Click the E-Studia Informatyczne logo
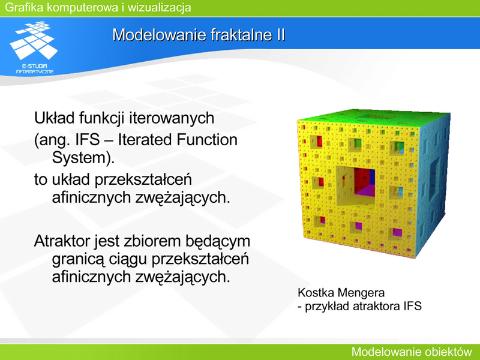pyautogui.click(x=34, y=47)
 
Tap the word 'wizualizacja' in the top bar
pyautogui.click(x=159, y=7)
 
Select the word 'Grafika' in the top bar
pyautogui.click(x=24, y=7)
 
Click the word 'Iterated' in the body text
pyautogui.click(x=145, y=140)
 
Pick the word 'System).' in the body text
pyautogui.click(x=83, y=158)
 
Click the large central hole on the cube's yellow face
pyautogui.click(x=356, y=186)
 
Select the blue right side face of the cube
pyautogui.click(x=433, y=184)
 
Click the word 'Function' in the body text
pyautogui.click(x=206, y=140)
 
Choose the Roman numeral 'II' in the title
pyautogui.click(x=281, y=35)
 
